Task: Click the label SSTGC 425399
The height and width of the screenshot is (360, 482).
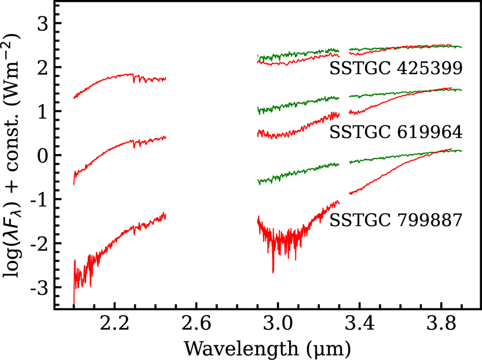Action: (x=396, y=68)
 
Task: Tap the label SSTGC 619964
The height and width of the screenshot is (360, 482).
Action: (x=396, y=132)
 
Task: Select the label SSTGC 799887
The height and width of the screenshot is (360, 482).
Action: (x=396, y=220)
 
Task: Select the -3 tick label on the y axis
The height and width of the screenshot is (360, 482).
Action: (x=39, y=287)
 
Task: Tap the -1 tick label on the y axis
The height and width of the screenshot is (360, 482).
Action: (x=39, y=199)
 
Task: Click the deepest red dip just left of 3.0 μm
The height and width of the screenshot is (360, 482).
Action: (x=273, y=272)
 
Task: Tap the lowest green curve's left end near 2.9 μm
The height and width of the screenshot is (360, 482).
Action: (x=258, y=182)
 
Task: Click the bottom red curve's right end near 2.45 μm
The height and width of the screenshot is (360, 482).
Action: (x=165, y=216)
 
